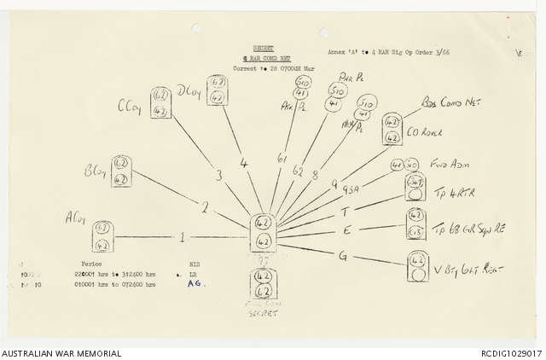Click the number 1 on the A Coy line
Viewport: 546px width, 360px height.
tap(182, 236)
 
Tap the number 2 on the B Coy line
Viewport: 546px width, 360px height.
tap(204, 207)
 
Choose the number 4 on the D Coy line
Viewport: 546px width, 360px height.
tap(244, 161)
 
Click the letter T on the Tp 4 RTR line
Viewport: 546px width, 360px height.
tap(345, 212)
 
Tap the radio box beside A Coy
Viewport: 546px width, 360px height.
tap(102, 235)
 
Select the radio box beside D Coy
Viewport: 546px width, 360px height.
tap(218, 90)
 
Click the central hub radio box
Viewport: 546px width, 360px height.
tap(264, 233)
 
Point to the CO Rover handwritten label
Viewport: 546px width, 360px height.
tap(430, 131)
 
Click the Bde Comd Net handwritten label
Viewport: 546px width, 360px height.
tap(451, 106)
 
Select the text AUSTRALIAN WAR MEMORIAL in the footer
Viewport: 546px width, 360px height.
tap(61, 353)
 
